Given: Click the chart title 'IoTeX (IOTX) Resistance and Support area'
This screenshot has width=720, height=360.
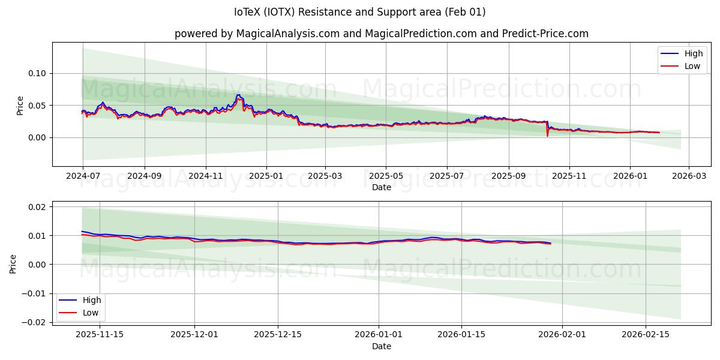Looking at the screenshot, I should pyautogui.click(x=360, y=12).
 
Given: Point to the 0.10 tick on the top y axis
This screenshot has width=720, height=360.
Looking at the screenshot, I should pyautogui.click(x=38, y=73).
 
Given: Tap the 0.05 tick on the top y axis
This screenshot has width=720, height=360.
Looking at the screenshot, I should pyautogui.click(x=38, y=106).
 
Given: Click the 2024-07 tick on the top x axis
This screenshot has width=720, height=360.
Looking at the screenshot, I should pyautogui.click(x=83, y=176).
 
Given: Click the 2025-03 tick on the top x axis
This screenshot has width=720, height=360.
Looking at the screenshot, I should pyautogui.click(x=325, y=176).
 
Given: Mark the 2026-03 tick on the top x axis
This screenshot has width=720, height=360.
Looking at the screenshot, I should pyautogui.click(x=688, y=176).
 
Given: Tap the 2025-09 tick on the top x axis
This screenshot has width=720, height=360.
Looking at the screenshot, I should pyautogui.click(x=509, y=176).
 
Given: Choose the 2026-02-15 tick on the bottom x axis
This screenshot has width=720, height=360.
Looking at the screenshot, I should pyautogui.click(x=645, y=335).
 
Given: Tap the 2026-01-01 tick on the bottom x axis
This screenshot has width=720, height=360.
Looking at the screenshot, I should pyautogui.click(x=378, y=335).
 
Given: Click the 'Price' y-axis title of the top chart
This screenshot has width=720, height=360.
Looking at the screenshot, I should pyautogui.click(x=20, y=105).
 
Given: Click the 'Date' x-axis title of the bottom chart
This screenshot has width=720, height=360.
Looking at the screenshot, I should pyautogui.click(x=381, y=346).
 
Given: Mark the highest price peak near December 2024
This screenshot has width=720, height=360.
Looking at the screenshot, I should pyautogui.click(x=238, y=95).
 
